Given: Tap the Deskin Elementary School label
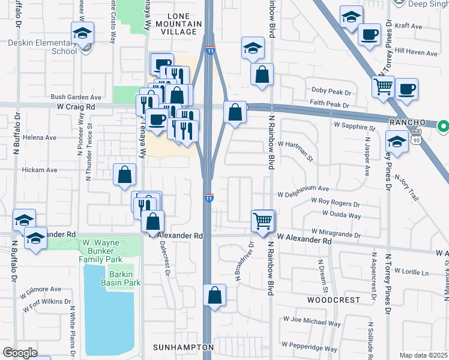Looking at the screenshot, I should click(x=43, y=47).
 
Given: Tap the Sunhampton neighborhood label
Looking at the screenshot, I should click(x=182, y=347).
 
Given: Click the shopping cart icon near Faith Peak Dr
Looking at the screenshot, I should click(x=383, y=86).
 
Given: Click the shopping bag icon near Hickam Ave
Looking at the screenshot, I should click(x=125, y=175).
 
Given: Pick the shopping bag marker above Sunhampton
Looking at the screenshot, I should click(x=214, y=295).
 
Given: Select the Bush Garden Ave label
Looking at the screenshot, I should click(x=76, y=97).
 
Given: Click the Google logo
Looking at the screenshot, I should click(x=20, y=353).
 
